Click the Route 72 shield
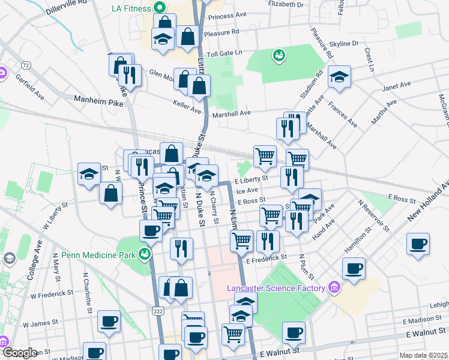25,64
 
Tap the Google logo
20,352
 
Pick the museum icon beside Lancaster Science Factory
334,289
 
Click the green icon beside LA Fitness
160,8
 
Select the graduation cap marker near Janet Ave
339,77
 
